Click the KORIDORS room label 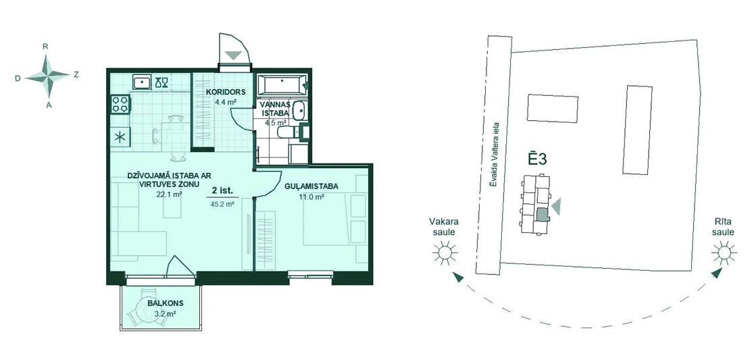pos(226,92)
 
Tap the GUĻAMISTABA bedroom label pos(311,186)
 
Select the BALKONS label pos(166,303)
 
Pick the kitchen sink pos(142,82)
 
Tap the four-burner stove pos(120,104)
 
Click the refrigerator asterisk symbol pos(120,137)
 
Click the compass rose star pos(47,76)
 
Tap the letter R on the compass pos(45,47)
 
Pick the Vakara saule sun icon pos(445,253)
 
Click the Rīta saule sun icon pos(723,253)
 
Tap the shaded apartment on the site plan pos(541,214)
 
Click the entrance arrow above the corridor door pos(234,55)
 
